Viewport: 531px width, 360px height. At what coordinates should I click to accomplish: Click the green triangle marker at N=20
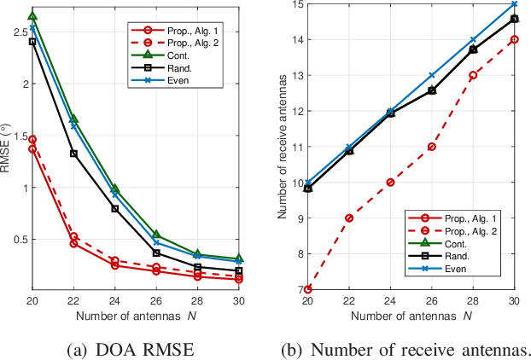pos(32,16)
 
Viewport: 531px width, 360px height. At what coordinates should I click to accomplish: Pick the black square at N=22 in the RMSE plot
pos(73,154)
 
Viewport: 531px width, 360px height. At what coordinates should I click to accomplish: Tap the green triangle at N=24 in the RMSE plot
pos(115,189)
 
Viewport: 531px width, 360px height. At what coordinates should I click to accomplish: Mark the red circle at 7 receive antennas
pos(307,289)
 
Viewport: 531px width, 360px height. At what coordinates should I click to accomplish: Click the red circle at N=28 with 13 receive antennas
pos(472,75)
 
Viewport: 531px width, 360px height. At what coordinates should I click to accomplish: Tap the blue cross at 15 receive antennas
pos(513,3)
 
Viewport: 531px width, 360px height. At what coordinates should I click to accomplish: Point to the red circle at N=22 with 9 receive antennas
pos(348,218)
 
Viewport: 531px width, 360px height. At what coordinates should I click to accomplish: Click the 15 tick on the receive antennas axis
pos(292,4)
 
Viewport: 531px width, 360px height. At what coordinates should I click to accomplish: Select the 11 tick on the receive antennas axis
pos(292,147)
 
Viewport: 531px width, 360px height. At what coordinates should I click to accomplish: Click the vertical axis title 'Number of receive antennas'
pos(279,147)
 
